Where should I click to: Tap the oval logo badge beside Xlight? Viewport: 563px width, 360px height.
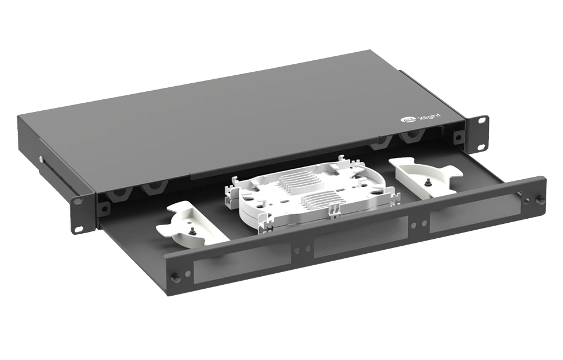point(407,121)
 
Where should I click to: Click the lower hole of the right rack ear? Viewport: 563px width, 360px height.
point(481,147)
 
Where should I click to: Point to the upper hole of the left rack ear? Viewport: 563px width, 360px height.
point(76,200)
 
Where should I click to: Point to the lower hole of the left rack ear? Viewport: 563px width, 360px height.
point(79,227)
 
